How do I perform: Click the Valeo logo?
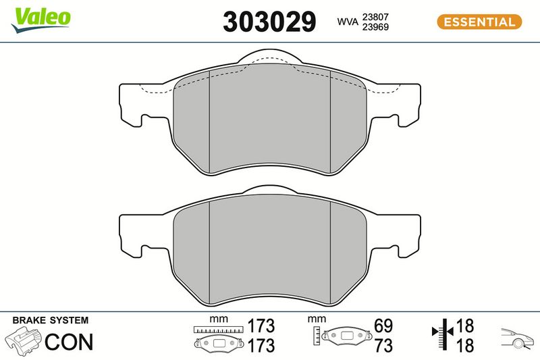[41, 20]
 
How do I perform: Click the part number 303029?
[269, 22]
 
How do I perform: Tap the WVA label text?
[348, 22]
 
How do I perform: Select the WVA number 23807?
[375, 16]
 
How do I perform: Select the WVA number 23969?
[375, 27]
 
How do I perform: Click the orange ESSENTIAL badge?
[479, 22]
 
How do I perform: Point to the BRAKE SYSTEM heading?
[50, 320]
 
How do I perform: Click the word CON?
[69, 342]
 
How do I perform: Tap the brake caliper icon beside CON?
[24, 341]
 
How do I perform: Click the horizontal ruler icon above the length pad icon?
[218, 330]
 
